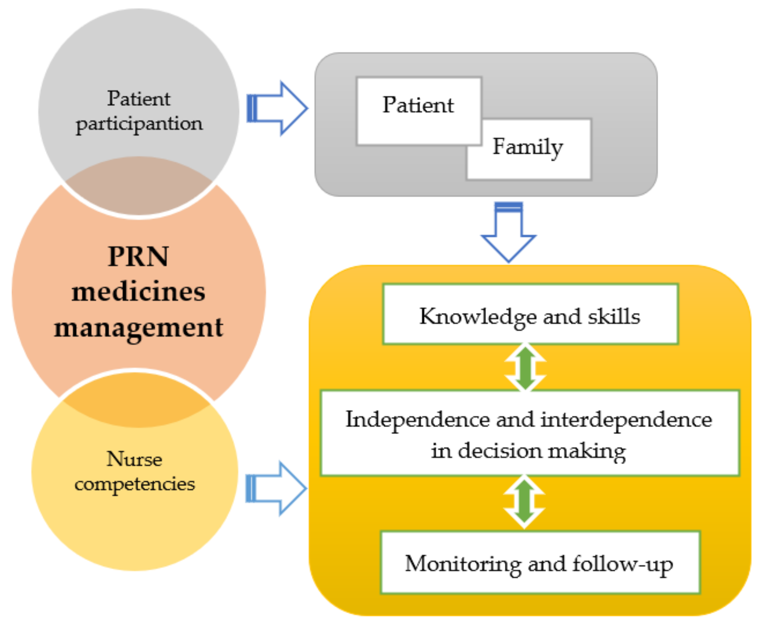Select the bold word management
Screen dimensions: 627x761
point(138,328)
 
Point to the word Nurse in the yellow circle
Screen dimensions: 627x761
point(134,459)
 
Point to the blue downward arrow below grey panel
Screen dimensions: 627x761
point(508,233)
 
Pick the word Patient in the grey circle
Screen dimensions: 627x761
point(138,99)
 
